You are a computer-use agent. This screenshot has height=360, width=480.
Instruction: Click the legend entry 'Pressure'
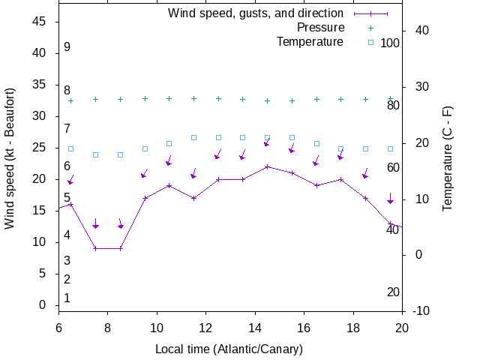(320, 28)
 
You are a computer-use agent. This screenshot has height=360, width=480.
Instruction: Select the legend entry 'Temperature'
(310, 41)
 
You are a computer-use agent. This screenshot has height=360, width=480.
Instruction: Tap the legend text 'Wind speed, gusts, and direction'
(256, 13)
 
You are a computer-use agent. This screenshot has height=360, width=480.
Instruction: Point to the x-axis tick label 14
(255, 328)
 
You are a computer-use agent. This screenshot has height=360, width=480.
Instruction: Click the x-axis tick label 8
(107, 328)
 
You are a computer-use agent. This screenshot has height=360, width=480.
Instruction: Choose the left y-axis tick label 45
(40, 22)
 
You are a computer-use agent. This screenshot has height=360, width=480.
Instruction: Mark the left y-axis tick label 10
(40, 242)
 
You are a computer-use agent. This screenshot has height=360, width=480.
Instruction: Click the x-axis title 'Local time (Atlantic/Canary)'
(229, 349)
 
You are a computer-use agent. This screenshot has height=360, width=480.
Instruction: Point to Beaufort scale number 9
(67, 47)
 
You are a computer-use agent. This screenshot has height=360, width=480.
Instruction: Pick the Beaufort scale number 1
(67, 298)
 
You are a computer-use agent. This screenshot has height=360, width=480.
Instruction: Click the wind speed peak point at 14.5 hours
(267, 166)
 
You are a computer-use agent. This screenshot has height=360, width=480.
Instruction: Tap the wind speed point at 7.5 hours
(95, 248)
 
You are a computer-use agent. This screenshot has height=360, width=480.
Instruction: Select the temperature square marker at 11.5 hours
(193, 138)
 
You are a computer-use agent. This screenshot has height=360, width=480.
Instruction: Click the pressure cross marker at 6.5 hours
(71, 100)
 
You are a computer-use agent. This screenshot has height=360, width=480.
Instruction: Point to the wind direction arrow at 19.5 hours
(390, 199)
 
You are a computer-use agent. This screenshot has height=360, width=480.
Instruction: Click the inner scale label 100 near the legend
(390, 43)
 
